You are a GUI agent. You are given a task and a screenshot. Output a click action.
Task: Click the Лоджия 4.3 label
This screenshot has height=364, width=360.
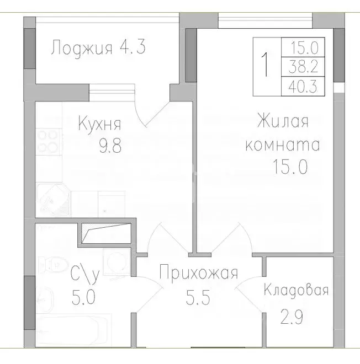tap(98, 48)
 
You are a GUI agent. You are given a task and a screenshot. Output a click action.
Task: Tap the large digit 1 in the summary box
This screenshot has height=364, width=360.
tap(266, 65)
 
